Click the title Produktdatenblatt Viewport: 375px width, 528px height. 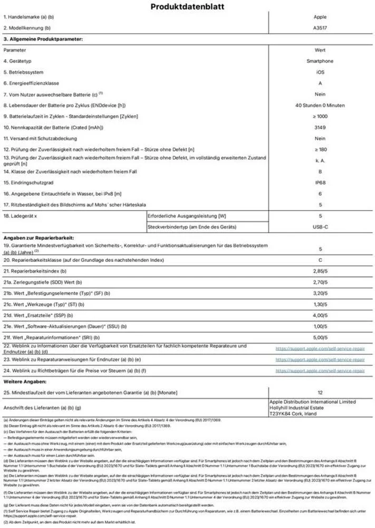[187, 7]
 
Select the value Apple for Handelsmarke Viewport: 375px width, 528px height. [320, 17]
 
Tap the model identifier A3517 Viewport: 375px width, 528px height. [320, 27]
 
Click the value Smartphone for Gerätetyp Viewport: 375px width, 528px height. [320, 61]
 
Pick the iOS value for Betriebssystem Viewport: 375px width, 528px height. [320, 72]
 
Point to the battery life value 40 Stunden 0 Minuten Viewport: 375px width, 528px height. [320, 106]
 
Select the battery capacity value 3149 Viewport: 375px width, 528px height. [320, 128]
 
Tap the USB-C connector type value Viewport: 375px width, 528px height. [320, 227]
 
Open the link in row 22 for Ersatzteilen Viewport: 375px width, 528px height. [320, 348]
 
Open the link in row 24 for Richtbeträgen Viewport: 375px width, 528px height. [320, 371]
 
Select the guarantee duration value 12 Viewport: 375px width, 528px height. [320, 393]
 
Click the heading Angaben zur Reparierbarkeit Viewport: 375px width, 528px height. [39, 238]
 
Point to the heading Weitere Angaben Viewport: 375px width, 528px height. [26, 381]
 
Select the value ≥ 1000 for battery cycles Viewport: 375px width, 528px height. [320, 117]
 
